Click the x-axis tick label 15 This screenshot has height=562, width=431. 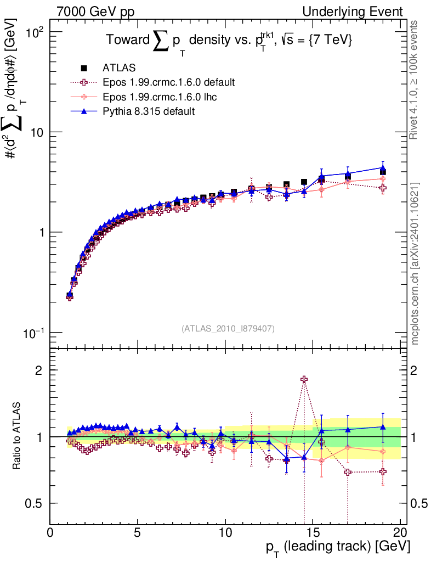click(x=312, y=533)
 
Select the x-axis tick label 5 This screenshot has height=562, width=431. click(x=138, y=533)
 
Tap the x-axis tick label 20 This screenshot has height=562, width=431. click(x=400, y=533)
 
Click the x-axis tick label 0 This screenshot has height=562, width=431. click(x=50, y=533)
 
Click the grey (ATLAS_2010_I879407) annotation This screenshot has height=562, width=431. click(x=228, y=328)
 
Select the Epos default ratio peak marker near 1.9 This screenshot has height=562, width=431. click(x=304, y=379)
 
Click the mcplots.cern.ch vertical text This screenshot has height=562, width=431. click(x=415, y=263)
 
